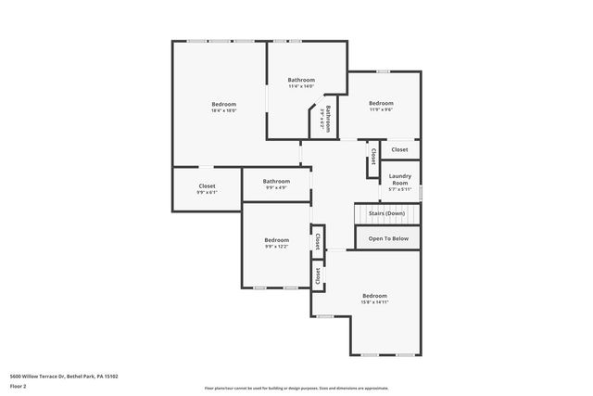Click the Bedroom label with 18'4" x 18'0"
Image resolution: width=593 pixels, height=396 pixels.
click(x=223, y=104)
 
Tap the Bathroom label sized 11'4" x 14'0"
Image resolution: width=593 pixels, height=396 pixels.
click(x=301, y=80)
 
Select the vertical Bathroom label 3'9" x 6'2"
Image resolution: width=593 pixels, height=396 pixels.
click(x=326, y=120)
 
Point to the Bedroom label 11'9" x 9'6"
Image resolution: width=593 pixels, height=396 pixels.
click(x=381, y=103)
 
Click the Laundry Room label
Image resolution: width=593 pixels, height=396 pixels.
click(x=399, y=179)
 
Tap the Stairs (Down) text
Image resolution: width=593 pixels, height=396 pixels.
click(x=386, y=213)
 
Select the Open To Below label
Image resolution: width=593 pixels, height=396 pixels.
click(x=387, y=238)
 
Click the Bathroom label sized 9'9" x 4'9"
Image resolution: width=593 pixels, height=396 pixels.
click(x=276, y=181)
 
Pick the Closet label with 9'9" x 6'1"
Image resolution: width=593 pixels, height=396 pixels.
click(x=207, y=185)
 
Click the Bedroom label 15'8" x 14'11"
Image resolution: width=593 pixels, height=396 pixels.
click(x=374, y=296)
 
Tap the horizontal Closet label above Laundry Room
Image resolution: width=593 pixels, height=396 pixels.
click(x=399, y=149)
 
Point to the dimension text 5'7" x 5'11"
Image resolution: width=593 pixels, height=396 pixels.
click(x=399, y=189)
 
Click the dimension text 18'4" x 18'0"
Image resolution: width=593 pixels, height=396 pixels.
click(x=223, y=110)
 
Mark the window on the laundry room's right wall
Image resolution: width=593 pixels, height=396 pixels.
click(x=421, y=193)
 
